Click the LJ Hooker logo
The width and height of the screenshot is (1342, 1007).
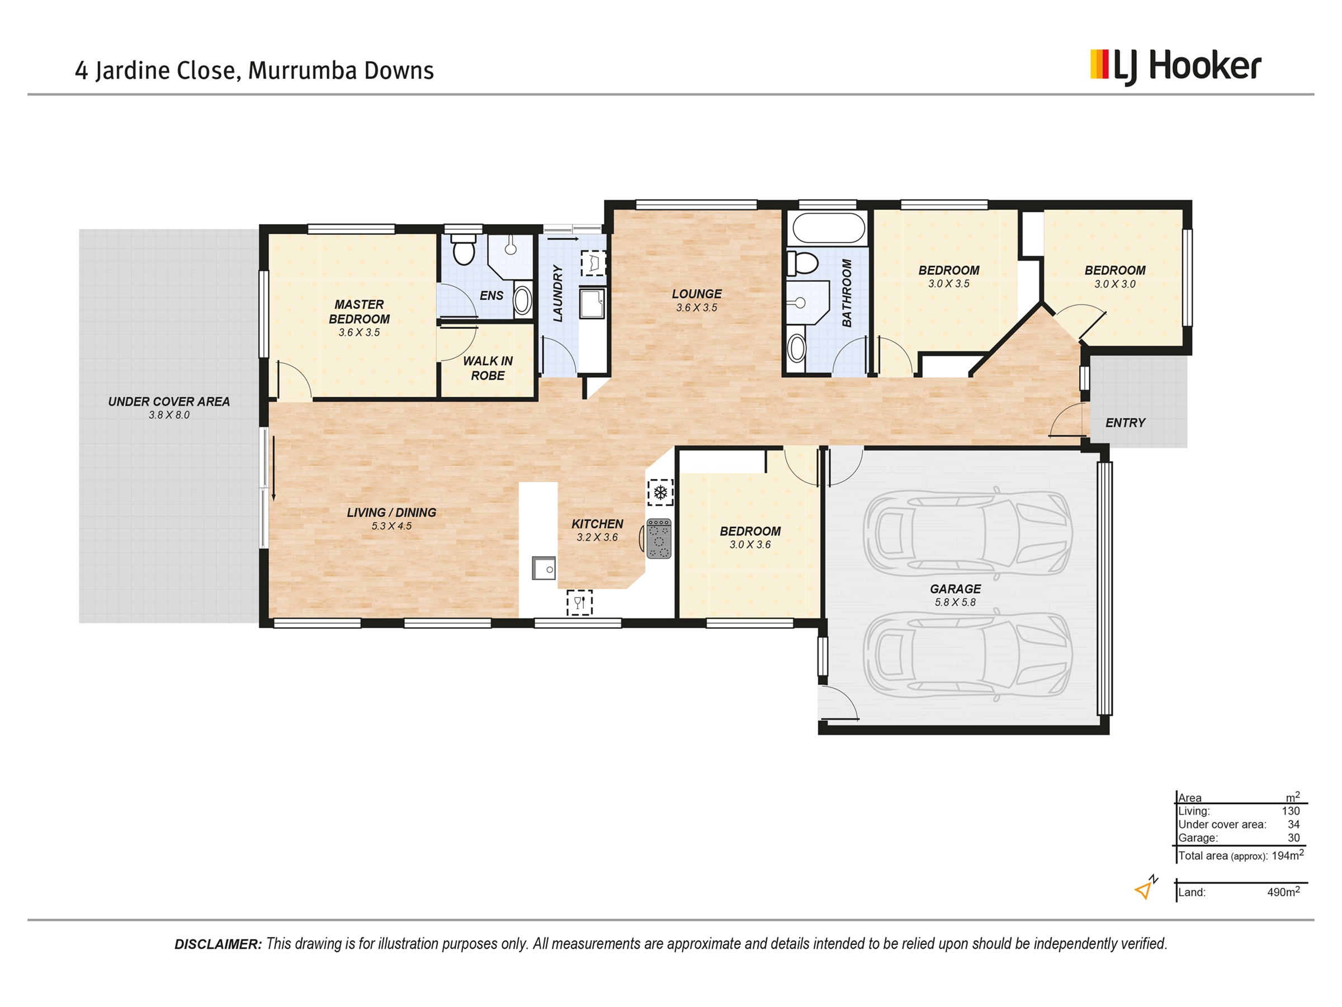point(1175,67)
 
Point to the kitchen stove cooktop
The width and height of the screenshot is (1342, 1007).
point(659,538)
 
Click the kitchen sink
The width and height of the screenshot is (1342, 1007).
point(544,569)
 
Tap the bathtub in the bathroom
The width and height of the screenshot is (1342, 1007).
point(829,228)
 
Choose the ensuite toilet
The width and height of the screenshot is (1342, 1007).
point(464,249)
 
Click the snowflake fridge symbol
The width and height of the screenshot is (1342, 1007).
point(660,492)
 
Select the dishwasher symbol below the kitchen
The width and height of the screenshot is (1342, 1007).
point(579,603)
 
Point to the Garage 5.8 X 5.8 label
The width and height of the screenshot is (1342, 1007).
point(956,595)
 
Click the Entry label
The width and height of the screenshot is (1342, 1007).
point(1126,423)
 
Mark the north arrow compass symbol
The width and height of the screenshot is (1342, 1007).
point(1146,887)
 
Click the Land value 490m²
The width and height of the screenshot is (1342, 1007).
point(1283,891)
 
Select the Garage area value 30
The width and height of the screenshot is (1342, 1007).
point(1293,837)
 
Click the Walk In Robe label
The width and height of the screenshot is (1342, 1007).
point(488,369)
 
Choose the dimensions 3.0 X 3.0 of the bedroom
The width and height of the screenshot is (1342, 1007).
point(1115,284)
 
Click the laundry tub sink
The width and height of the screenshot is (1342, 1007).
point(592,303)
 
